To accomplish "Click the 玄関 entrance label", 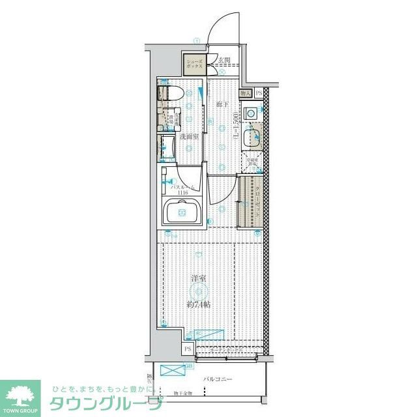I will [225, 61].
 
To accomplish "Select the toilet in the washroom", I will [171, 93].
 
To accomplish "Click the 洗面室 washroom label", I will [189, 137].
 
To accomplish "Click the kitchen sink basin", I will [252, 138].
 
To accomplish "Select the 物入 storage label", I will [246, 94].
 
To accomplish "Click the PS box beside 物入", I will [259, 94].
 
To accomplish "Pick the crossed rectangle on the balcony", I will [173, 371].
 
